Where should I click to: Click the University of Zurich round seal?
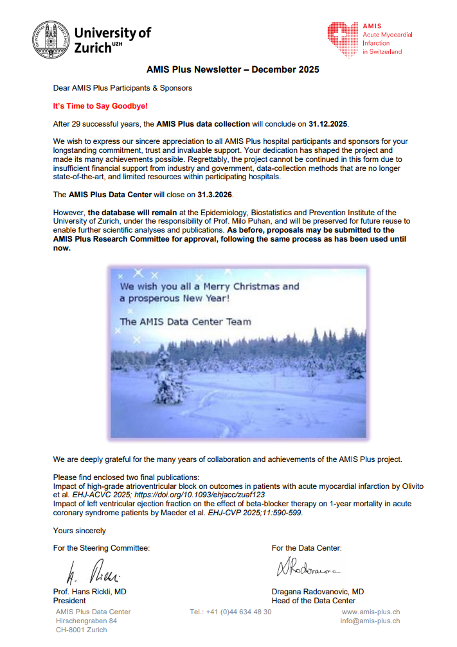(x=51, y=39)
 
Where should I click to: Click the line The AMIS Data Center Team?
(x=185, y=321)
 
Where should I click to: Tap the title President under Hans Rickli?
(x=69, y=601)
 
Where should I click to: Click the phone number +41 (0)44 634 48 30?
(x=231, y=612)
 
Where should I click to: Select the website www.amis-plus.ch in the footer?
(x=370, y=612)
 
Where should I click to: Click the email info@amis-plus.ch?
(x=370, y=621)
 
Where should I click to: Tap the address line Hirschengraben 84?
(x=86, y=621)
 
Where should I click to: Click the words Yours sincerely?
(x=80, y=531)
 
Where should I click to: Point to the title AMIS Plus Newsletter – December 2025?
(x=228, y=69)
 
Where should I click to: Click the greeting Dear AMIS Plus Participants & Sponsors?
(x=122, y=88)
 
